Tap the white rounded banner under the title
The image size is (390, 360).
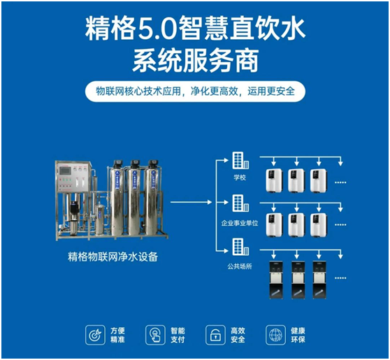point(195,92)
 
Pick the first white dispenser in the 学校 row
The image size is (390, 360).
point(273,180)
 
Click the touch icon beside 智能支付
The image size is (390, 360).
point(154,334)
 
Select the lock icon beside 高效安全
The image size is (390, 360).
point(214,334)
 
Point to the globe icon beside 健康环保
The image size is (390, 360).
point(274,334)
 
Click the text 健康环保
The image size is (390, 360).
point(298,334)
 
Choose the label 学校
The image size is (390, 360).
point(240,178)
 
